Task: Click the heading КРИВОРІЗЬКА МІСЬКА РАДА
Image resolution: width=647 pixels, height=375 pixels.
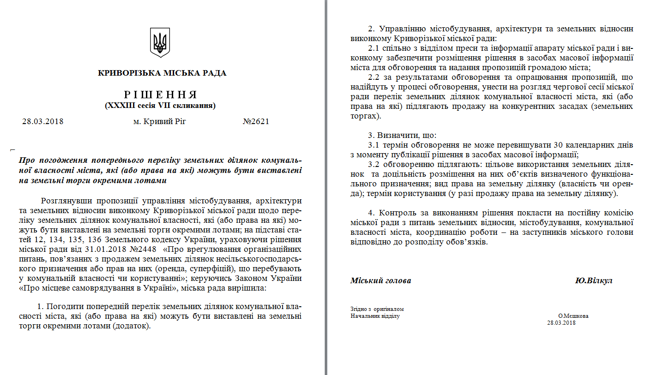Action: pos(162,73)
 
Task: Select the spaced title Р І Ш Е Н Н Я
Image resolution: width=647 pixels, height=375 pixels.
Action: pos(160,95)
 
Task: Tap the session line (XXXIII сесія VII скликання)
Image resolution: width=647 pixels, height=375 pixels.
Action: pos(160,105)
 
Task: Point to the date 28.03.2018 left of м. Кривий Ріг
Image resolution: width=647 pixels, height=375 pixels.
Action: pos(42,122)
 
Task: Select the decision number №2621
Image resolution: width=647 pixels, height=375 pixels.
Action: pos(255,122)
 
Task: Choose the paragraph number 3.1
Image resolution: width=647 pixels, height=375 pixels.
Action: pos(375,145)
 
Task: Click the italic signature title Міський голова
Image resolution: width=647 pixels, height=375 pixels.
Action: pos(381,280)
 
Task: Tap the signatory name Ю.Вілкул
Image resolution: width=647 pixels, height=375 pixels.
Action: pos(593,280)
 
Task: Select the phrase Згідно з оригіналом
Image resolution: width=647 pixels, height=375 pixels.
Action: pos(377,309)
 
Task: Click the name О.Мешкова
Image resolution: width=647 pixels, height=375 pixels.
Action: pos(573,316)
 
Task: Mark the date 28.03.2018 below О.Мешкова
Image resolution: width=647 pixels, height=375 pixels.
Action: pos(561,323)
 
